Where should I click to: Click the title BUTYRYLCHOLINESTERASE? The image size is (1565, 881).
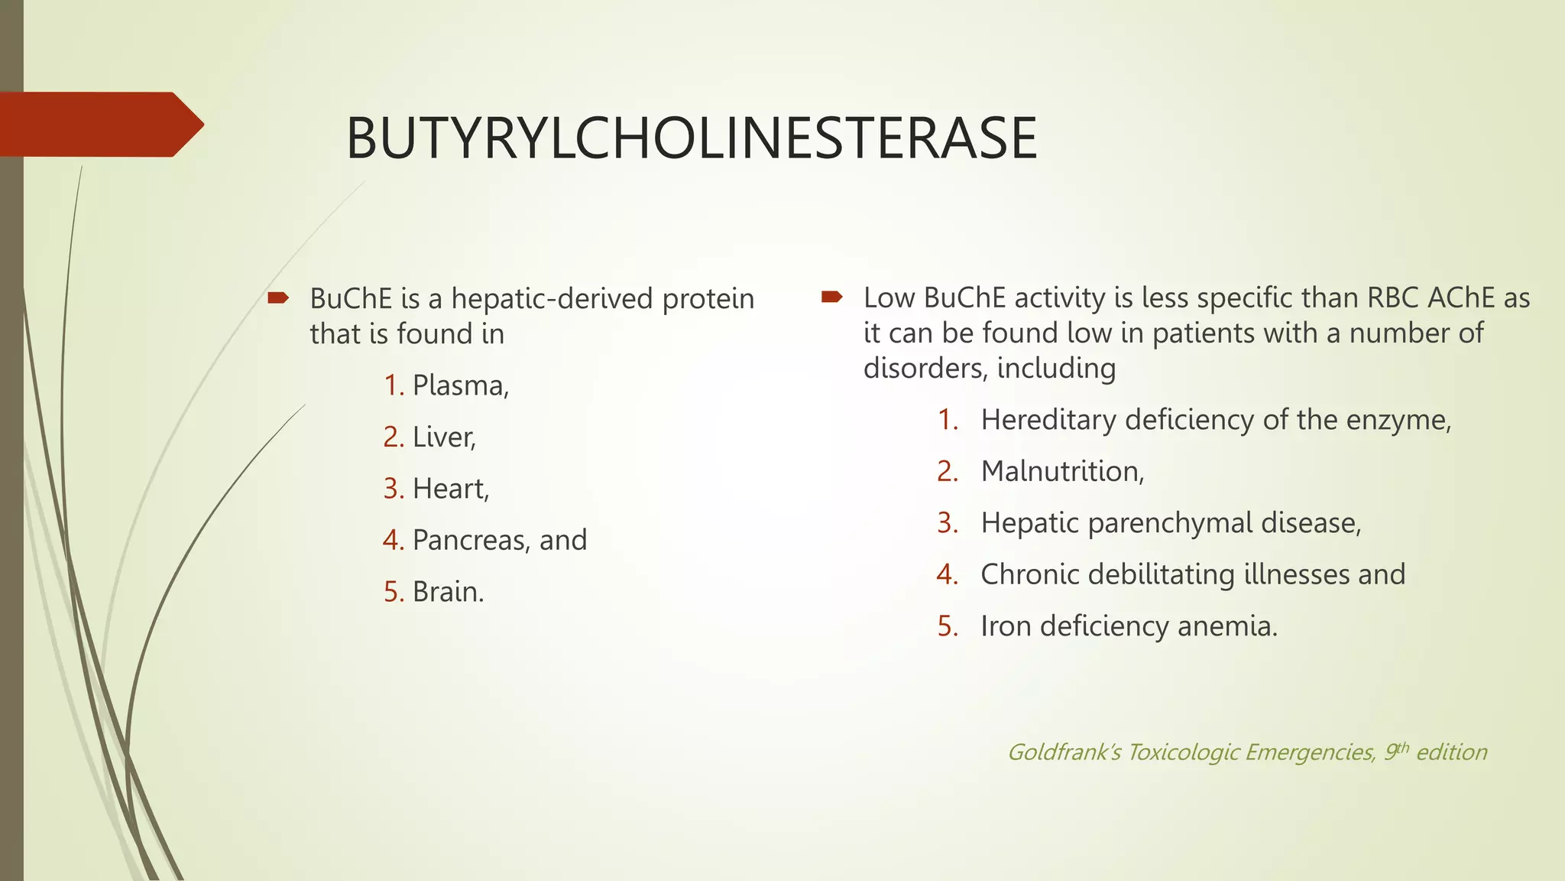point(691,138)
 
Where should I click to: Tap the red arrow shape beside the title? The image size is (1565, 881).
point(99,125)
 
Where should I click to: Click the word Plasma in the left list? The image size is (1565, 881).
point(459,385)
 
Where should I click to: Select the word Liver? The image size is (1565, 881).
point(443,437)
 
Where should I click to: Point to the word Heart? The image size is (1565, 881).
point(449,489)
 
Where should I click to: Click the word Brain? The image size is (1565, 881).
point(447,592)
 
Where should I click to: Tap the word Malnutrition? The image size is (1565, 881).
point(1061,472)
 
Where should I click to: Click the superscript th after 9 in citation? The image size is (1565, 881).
point(1402,747)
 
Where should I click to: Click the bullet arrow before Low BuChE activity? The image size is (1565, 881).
point(831,297)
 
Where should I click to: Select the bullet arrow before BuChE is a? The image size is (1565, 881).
point(278,297)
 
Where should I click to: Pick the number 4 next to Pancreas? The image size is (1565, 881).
point(392,541)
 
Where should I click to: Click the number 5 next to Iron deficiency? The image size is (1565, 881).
point(947,626)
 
